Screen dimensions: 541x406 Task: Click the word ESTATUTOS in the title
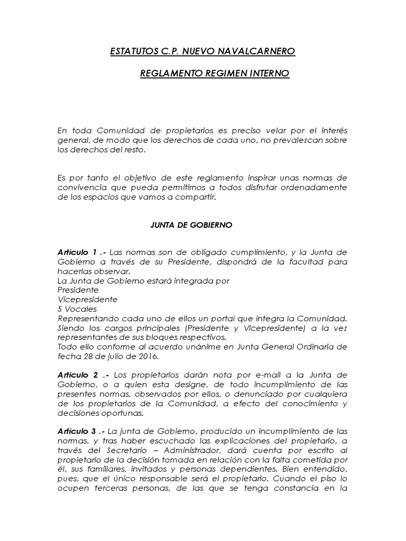point(132,52)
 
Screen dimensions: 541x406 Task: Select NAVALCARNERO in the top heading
point(257,52)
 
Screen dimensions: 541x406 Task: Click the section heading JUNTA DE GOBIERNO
point(188,225)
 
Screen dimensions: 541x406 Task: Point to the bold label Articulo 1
point(77,252)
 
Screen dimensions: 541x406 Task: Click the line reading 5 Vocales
point(77,309)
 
